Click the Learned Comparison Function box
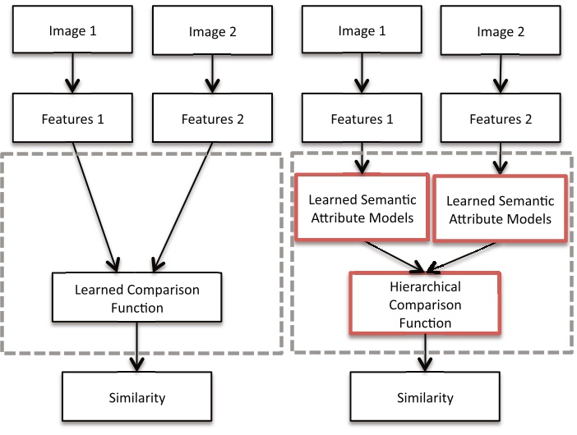tap(137, 299)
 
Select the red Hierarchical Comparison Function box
tap(424, 304)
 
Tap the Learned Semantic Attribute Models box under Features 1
tap(361, 208)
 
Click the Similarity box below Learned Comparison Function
tap(137, 398)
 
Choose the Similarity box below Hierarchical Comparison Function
tap(425, 398)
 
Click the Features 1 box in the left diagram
tap(72, 119)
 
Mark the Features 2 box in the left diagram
tap(211, 119)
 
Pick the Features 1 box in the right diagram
tap(362, 119)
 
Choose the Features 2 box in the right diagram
tap(501, 119)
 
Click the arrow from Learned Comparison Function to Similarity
tap(137, 349)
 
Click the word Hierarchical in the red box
tap(424, 288)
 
